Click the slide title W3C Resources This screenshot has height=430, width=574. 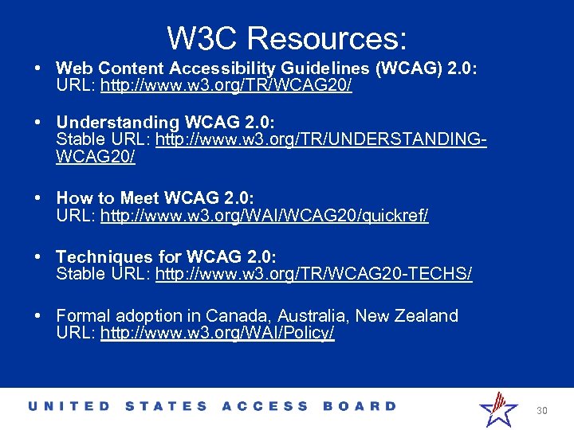tap(287, 37)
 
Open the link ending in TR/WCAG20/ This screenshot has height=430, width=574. tap(226, 85)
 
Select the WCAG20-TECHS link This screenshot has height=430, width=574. tap(314, 274)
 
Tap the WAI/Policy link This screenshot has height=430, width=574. tap(218, 333)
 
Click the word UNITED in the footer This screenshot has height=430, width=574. tap(69, 406)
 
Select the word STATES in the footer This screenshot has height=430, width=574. tap(166, 406)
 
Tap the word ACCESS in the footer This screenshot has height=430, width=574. tap(265, 406)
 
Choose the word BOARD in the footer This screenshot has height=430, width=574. tap(360, 406)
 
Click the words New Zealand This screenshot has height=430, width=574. tap(407, 316)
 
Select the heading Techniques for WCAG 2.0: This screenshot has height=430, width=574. tap(167, 257)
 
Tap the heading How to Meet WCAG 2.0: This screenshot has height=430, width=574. tap(155, 198)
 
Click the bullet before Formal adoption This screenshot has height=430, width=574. tap(38, 316)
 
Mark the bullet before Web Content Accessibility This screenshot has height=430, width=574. tap(38, 68)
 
